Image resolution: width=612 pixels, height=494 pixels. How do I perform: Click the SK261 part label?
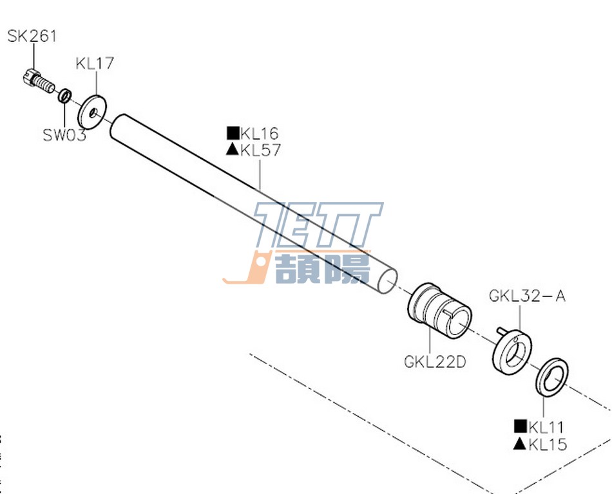pyautogui.click(x=32, y=36)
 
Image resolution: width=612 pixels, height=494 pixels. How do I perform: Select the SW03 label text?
pyautogui.click(x=64, y=136)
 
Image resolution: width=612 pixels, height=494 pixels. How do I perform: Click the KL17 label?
pyautogui.click(x=95, y=63)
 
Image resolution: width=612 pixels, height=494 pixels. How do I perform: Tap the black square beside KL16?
pyautogui.click(x=233, y=134)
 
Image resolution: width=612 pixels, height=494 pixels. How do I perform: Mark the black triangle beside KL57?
pyautogui.click(x=233, y=151)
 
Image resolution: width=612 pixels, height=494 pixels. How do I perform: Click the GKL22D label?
pyautogui.click(x=435, y=361)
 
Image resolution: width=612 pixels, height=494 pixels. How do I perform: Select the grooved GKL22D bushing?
pyautogui.click(x=440, y=309)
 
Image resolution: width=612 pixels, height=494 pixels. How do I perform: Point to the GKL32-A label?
pyautogui.click(x=527, y=297)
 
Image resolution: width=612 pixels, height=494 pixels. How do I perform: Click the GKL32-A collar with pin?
pyautogui.click(x=513, y=350)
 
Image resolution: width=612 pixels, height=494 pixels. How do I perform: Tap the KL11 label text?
pyautogui.click(x=547, y=426)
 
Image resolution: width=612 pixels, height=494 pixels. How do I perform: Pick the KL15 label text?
pyautogui.click(x=548, y=444)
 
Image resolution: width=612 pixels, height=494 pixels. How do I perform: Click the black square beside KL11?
pyautogui.click(x=520, y=426)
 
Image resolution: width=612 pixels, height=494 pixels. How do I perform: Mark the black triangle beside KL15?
pyautogui.click(x=520, y=443)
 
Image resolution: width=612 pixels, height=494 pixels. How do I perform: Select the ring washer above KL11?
pyautogui.click(x=551, y=378)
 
